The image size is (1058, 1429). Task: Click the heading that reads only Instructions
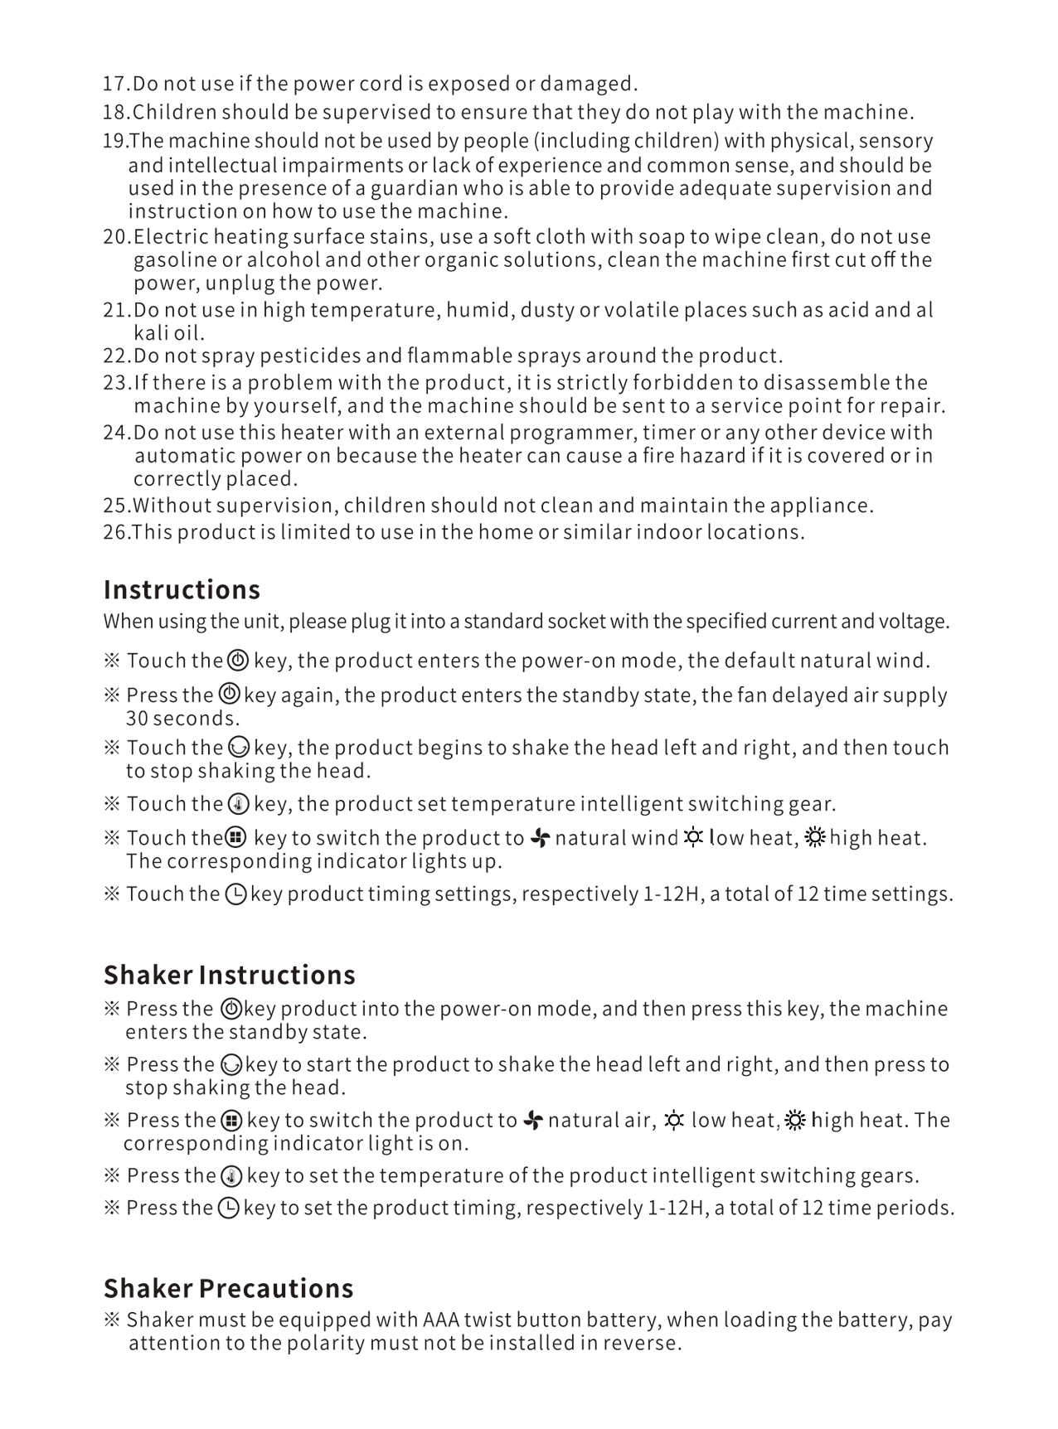tap(182, 589)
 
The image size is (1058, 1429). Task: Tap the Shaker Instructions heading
tap(229, 975)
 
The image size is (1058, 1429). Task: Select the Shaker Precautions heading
tap(228, 1288)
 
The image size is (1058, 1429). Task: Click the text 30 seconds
tap(182, 719)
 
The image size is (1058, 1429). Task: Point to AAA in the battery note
tap(441, 1320)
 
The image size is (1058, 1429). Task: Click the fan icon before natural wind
tap(541, 838)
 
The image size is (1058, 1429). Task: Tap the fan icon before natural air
tap(534, 1121)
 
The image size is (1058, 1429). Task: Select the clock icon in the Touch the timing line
tap(235, 894)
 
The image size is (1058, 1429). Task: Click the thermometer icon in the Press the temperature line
tap(232, 1176)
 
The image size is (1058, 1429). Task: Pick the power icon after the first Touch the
tap(238, 661)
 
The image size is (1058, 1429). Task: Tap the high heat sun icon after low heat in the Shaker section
tap(795, 1121)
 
